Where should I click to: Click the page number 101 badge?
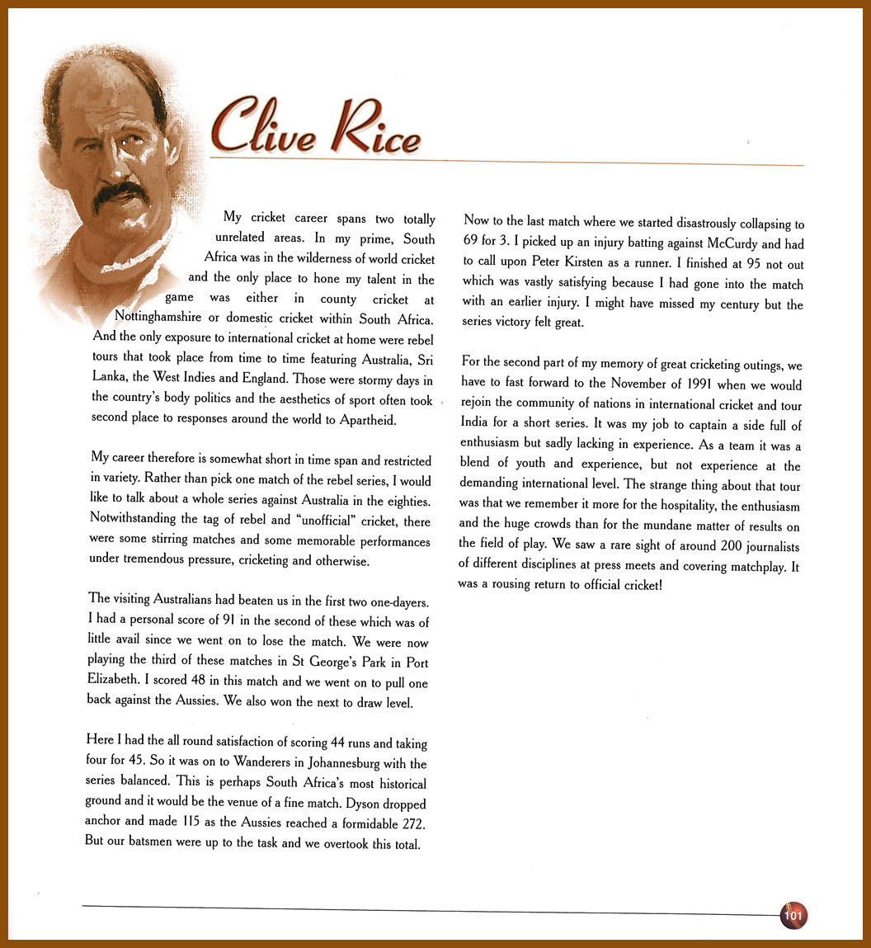793,915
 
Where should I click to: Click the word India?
476,426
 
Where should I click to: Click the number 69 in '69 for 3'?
471,244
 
